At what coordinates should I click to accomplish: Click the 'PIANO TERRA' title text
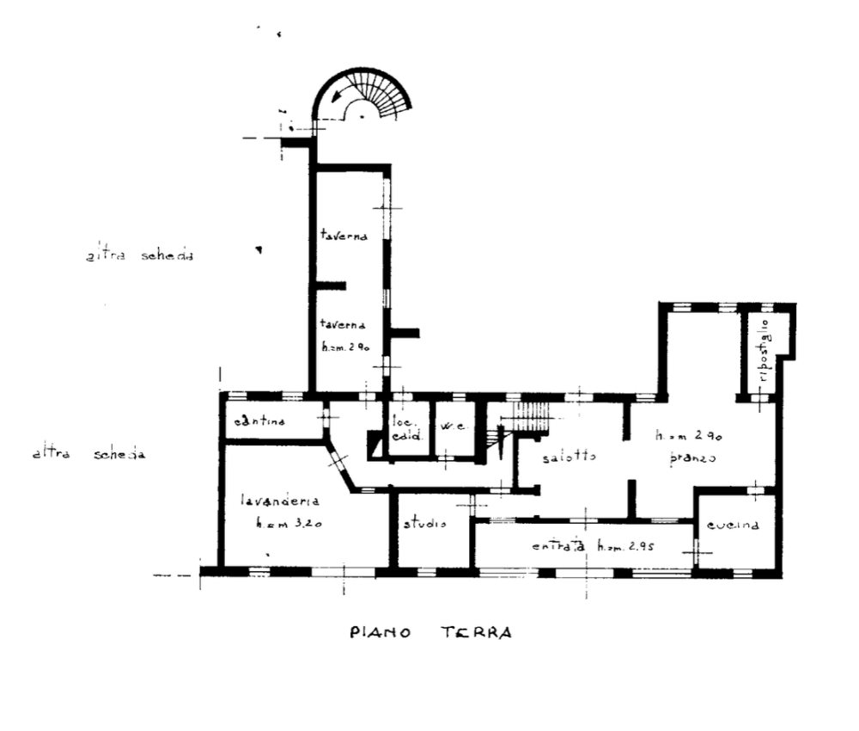[x=430, y=633]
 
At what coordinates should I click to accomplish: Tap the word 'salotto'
[x=569, y=457]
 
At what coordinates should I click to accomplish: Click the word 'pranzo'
[x=691, y=460]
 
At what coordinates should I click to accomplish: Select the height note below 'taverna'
[x=344, y=347]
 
